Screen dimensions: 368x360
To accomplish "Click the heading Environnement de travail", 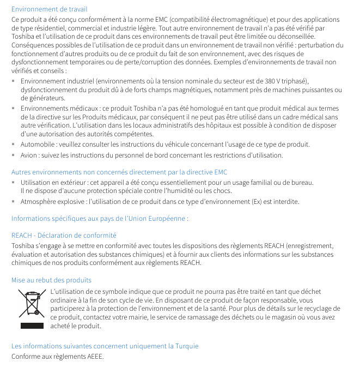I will [x=49, y=9].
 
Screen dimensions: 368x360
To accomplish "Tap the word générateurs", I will [x=42, y=98].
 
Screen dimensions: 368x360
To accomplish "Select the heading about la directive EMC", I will [x=119, y=172].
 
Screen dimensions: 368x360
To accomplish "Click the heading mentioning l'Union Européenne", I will [x=100, y=219].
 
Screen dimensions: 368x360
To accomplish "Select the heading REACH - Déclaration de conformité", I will [x=64, y=236].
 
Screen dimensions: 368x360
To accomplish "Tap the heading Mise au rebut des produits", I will [x=51, y=280].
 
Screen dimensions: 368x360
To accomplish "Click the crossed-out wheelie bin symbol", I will [x=32, y=304].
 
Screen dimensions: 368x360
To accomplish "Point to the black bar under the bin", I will [x=32, y=326].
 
